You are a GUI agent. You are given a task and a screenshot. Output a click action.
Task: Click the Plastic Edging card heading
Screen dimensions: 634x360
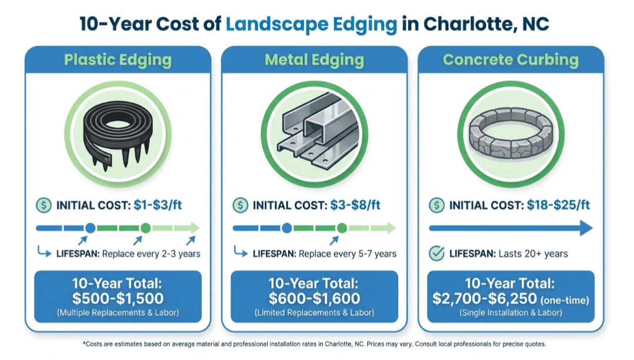click(118, 60)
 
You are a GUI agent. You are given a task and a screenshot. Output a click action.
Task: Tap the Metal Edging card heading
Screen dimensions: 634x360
click(314, 60)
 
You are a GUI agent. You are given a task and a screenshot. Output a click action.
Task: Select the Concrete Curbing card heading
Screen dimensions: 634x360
click(510, 60)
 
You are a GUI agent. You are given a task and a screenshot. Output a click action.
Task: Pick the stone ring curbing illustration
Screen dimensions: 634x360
click(511, 133)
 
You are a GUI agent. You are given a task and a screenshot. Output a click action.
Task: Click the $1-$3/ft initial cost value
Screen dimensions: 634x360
click(158, 205)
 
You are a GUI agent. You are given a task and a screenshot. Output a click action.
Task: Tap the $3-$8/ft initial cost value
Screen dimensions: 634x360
click(355, 205)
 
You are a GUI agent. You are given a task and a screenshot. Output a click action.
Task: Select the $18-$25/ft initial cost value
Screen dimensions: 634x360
click(558, 205)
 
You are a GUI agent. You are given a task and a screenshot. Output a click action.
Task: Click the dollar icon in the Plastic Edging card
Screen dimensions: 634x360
click(44, 205)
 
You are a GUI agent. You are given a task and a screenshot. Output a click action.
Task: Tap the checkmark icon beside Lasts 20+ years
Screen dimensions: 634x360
click(436, 254)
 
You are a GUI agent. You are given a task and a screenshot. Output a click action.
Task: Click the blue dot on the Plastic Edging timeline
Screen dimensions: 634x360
click(91, 228)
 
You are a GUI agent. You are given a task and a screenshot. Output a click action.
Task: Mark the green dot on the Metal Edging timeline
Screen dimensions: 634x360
click(342, 228)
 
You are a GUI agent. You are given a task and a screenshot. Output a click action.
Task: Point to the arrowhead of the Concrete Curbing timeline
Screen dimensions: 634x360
click(586, 228)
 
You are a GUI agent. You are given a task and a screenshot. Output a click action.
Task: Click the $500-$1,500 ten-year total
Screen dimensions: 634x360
click(118, 298)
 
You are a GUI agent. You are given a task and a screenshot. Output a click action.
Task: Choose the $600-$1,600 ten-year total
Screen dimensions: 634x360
click(314, 298)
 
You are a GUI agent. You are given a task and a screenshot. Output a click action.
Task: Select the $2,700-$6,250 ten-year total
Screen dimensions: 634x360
click(484, 298)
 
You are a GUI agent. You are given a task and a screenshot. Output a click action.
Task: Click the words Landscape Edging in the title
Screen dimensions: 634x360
click(311, 24)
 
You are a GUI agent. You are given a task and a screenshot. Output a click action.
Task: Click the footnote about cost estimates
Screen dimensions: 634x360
click(314, 344)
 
